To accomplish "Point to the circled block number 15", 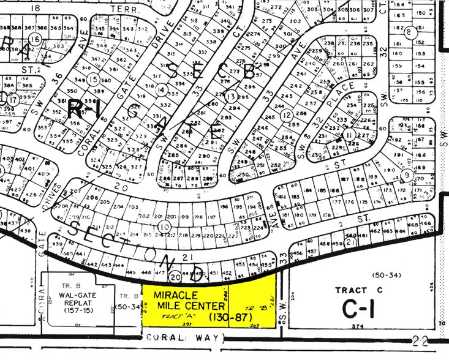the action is click(x=92, y=79).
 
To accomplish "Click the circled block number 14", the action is click(x=161, y=90).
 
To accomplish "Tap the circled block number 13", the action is click(x=230, y=97).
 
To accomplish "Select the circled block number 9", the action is click(x=407, y=176).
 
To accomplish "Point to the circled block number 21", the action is click(x=350, y=242).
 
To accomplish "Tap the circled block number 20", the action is click(x=174, y=276).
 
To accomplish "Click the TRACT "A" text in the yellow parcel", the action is click(x=173, y=318).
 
